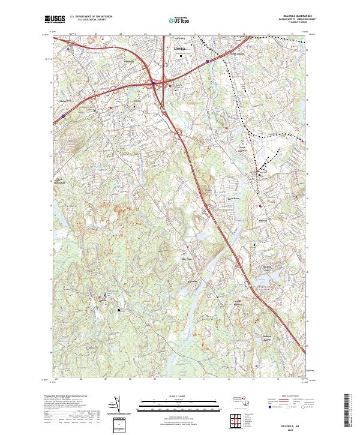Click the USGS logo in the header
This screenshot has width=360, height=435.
[56, 19]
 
